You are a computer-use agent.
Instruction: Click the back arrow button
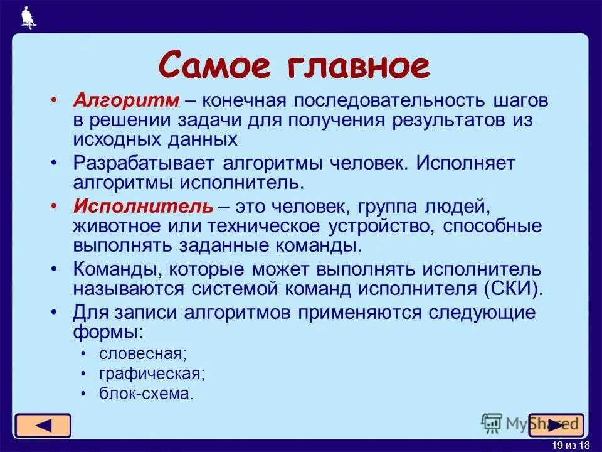(x=43, y=426)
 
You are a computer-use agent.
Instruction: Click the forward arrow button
(x=556, y=426)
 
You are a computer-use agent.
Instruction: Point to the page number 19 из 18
(x=571, y=445)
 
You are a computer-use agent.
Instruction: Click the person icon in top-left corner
(x=27, y=17)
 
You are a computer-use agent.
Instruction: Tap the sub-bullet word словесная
(x=142, y=353)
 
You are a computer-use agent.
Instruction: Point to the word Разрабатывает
(x=145, y=163)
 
